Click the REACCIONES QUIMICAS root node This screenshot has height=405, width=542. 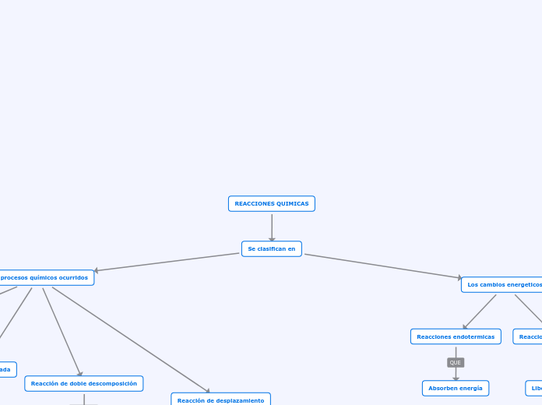(x=271, y=204)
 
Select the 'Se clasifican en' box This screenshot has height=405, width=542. (x=271, y=249)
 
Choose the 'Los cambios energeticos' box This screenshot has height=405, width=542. (x=503, y=285)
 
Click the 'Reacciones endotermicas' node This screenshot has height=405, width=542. (x=456, y=336)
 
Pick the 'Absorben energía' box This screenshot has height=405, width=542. (x=456, y=388)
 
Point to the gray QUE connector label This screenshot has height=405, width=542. (x=456, y=363)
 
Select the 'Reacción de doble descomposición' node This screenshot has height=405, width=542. (x=84, y=383)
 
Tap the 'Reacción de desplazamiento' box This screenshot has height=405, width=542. (x=220, y=400)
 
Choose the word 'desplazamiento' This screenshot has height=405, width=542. (x=241, y=400)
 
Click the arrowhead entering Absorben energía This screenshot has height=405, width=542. (x=456, y=379)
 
